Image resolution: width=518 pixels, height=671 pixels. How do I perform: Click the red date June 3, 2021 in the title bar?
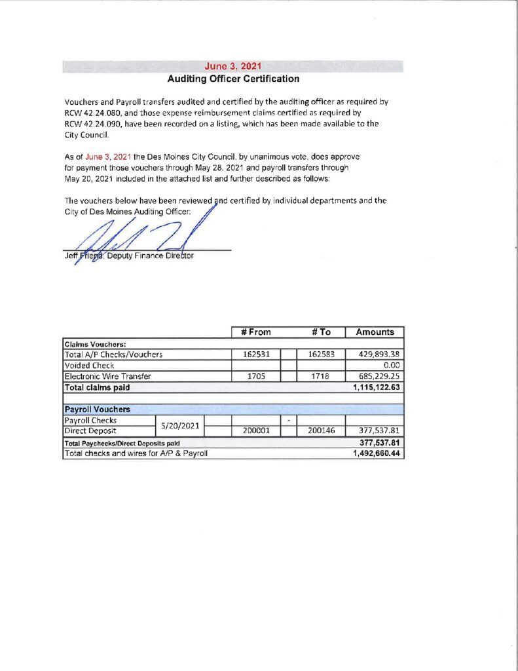point(232,66)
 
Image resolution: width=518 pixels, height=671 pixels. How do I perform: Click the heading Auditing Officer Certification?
point(233,79)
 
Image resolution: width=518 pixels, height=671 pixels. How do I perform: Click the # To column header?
point(320,332)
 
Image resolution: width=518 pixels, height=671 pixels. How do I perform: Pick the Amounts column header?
point(375,332)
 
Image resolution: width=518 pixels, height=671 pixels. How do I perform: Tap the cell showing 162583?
point(320,355)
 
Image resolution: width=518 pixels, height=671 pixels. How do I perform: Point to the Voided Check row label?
point(89,365)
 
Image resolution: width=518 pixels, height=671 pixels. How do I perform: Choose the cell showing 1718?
point(321,376)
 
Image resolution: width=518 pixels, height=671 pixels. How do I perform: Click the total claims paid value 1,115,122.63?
point(377,387)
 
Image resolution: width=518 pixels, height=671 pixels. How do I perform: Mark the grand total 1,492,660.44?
point(377,453)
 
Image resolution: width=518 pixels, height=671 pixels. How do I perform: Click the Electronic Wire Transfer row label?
point(108,376)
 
